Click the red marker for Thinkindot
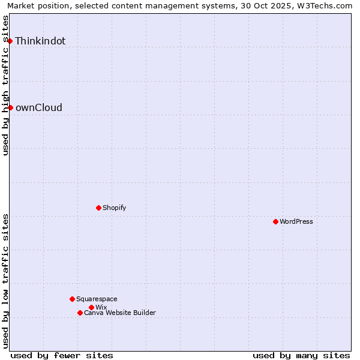pyautogui.click(x=10, y=41)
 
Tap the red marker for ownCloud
pyautogui.click(x=10, y=107)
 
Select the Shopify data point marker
pyautogui.click(x=98, y=208)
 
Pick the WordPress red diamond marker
pyautogui.click(x=275, y=221)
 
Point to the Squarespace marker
pyautogui.click(x=72, y=299)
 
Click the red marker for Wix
pyautogui.click(x=91, y=307)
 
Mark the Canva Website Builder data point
pyautogui.click(x=80, y=313)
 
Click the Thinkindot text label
pyautogui.click(x=40, y=41)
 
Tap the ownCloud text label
pyautogui.click(x=38, y=108)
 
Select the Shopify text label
pyautogui.click(x=114, y=208)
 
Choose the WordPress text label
pyautogui.click(x=296, y=221)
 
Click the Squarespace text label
pyautogui.click(x=97, y=299)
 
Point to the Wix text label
pyautogui.click(x=101, y=307)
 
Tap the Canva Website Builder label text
pyautogui.click(x=120, y=313)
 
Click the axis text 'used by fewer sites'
pyautogui.click(x=62, y=355)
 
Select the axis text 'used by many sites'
pyautogui.click(x=301, y=355)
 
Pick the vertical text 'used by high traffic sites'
pyautogui.click(x=6, y=85)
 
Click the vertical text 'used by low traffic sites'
pyautogui.click(x=6, y=281)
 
